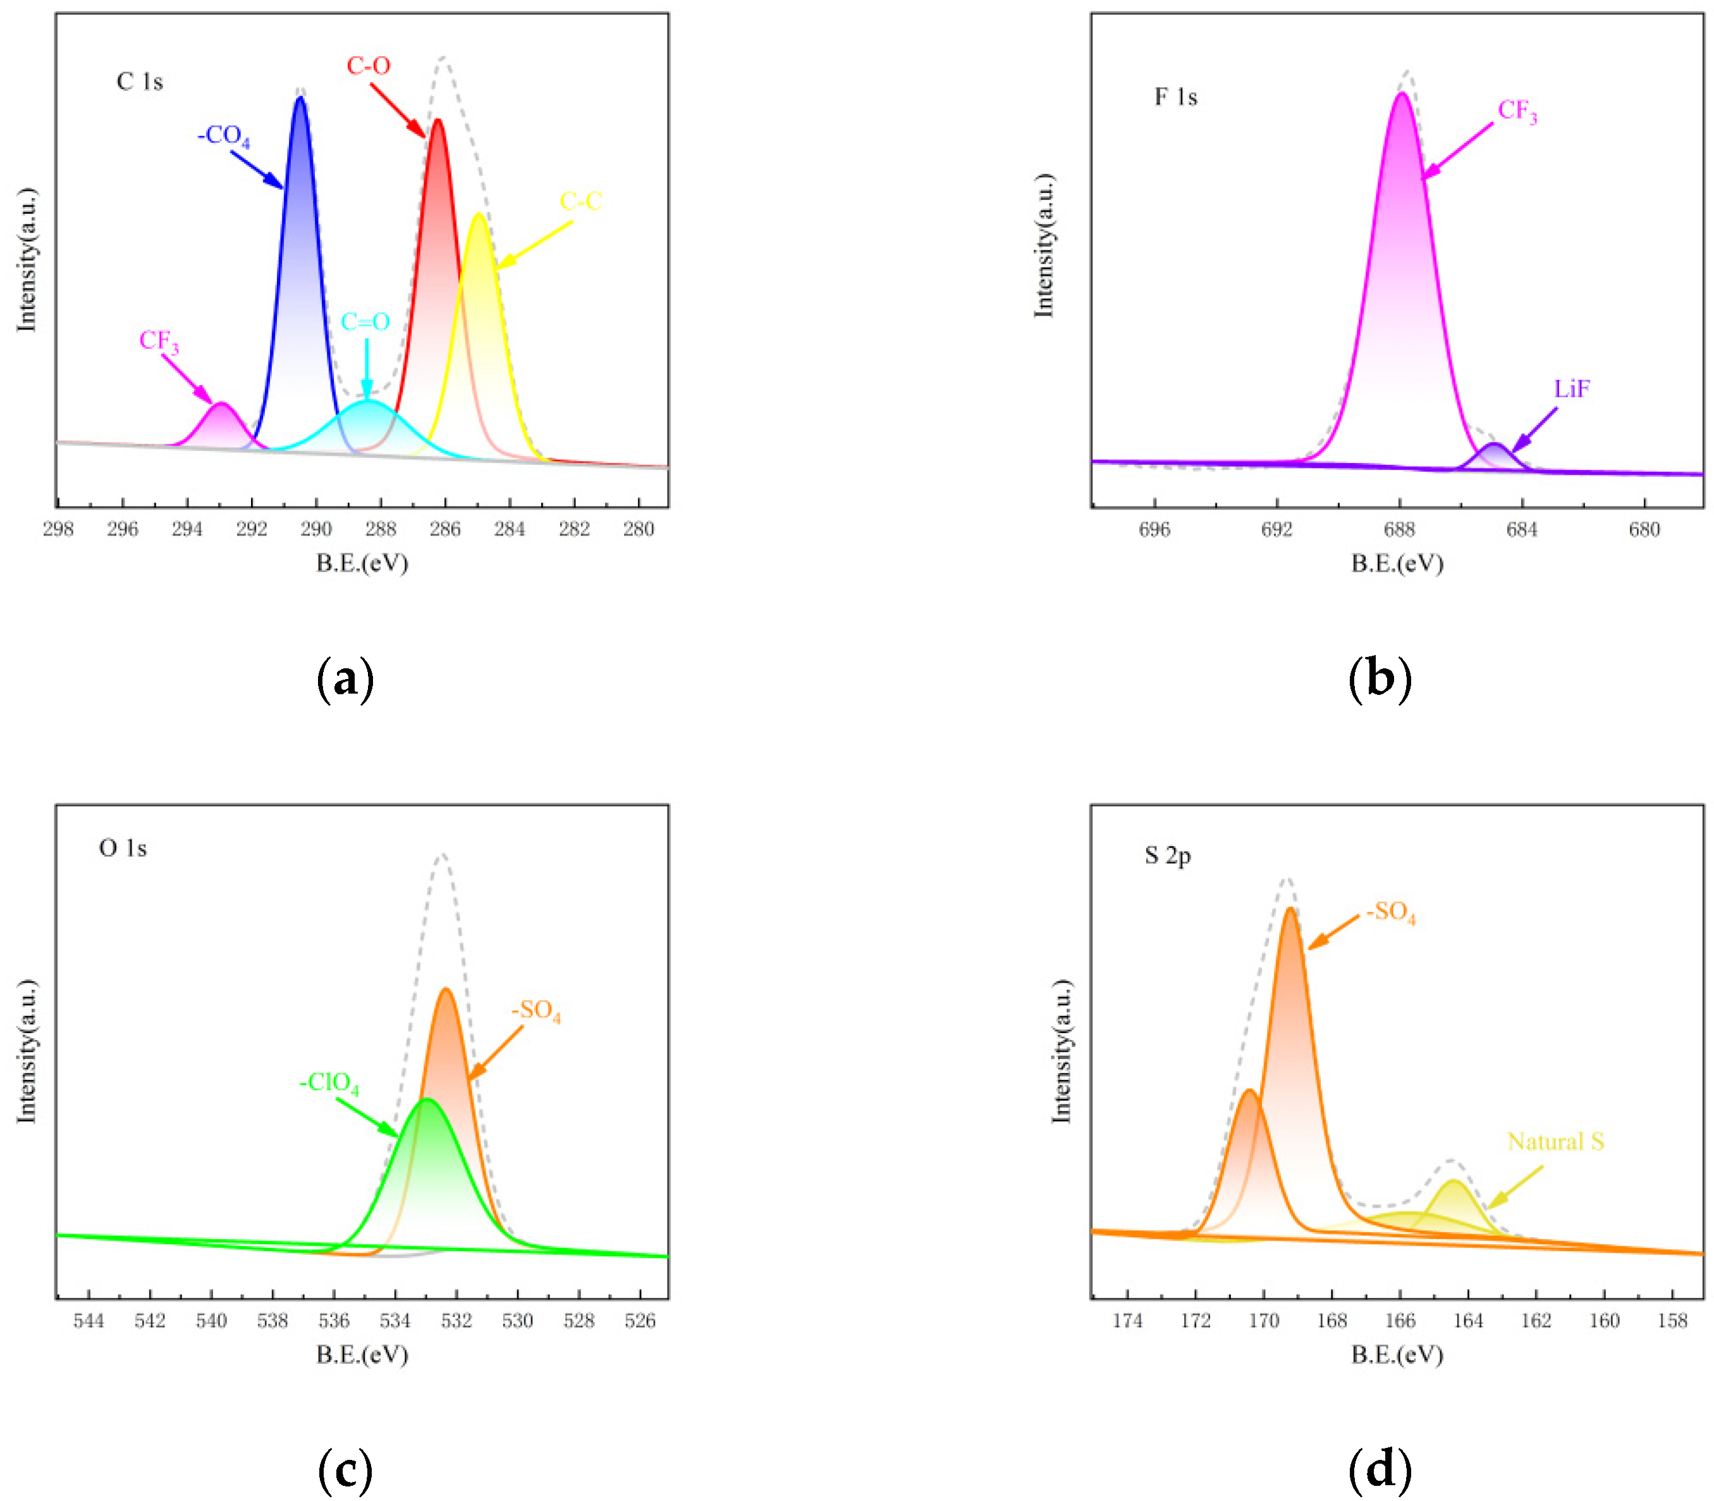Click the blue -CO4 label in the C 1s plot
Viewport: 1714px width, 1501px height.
tap(223, 136)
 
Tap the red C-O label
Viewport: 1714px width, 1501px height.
tap(369, 65)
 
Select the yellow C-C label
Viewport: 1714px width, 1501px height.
tap(580, 202)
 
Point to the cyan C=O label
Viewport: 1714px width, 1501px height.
tap(365, 322)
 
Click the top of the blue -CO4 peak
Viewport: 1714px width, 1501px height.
tap(300, 99)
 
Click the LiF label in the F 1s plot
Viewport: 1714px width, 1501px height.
tap(1572, 389)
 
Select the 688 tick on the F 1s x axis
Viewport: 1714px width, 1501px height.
tap(1399, 529)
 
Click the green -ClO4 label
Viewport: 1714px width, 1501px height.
tap(329, 1083)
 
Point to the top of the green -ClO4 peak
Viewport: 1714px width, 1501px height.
tap(427, 1100)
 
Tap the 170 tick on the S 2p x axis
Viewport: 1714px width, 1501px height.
tap(1263, 1321)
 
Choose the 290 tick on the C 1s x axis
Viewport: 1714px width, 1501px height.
tap(316, 529)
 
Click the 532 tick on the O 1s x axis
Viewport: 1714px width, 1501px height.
tap(456, 1321)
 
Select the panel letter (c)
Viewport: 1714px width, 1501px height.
tap(345, 1468)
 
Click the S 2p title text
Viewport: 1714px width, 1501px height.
tap(1167, 855)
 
